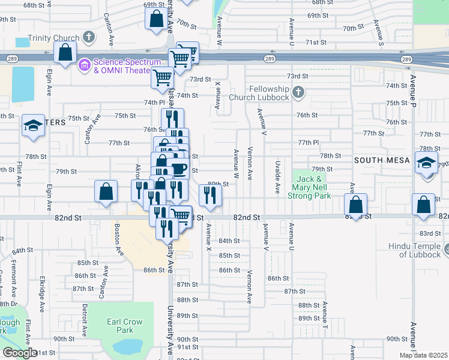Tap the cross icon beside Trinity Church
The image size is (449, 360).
88,37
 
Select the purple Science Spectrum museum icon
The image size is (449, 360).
84,63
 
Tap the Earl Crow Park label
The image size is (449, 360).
124,326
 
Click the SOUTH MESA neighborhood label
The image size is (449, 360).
381,160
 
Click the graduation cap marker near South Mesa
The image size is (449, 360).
427,164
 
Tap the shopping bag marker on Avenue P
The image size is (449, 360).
424,203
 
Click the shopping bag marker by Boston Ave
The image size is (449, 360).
106,191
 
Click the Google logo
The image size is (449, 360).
20,353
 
